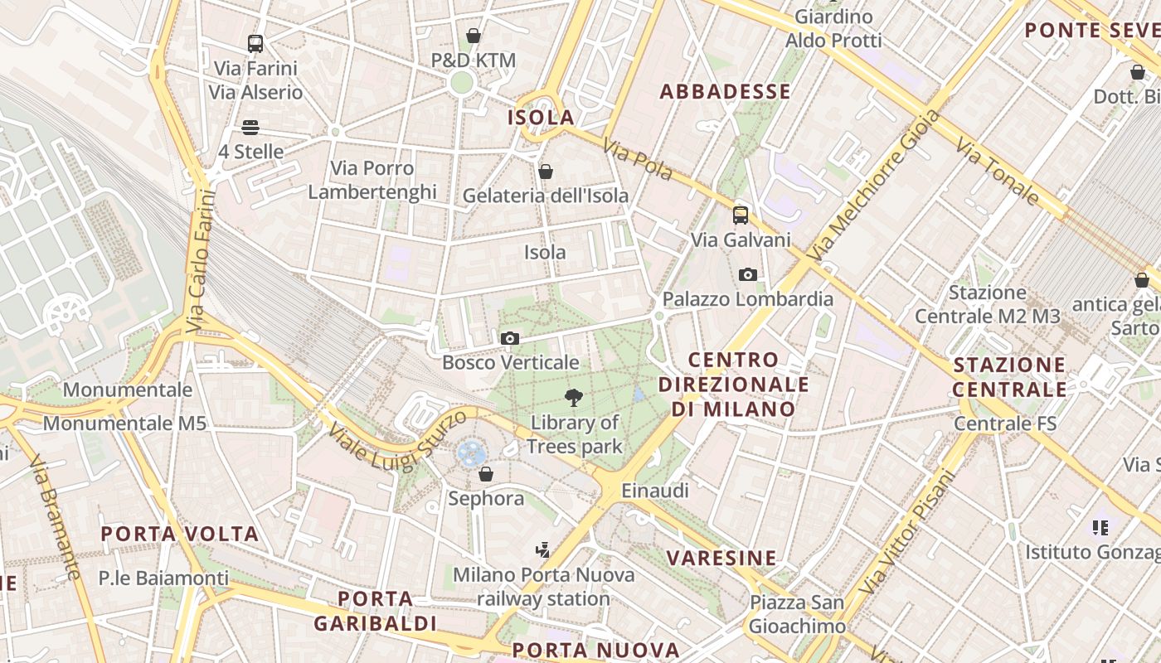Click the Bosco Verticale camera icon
point(510,338)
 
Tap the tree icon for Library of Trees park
point(573,398)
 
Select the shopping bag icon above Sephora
point(486,474)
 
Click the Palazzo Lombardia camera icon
point(747,274)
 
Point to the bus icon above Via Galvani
point(740,215)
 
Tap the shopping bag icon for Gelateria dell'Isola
point(545,172)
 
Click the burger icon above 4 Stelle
point(250,128)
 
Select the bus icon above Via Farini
point(255,44)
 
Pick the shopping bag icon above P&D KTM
point(473,36)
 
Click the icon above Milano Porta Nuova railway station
point(542,549)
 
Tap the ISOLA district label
point(541,118)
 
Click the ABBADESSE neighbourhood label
point(725,92)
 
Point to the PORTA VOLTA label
point(180,534)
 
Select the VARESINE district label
point(722,558)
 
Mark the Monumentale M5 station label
point(124,423)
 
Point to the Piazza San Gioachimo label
point(797,614)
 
